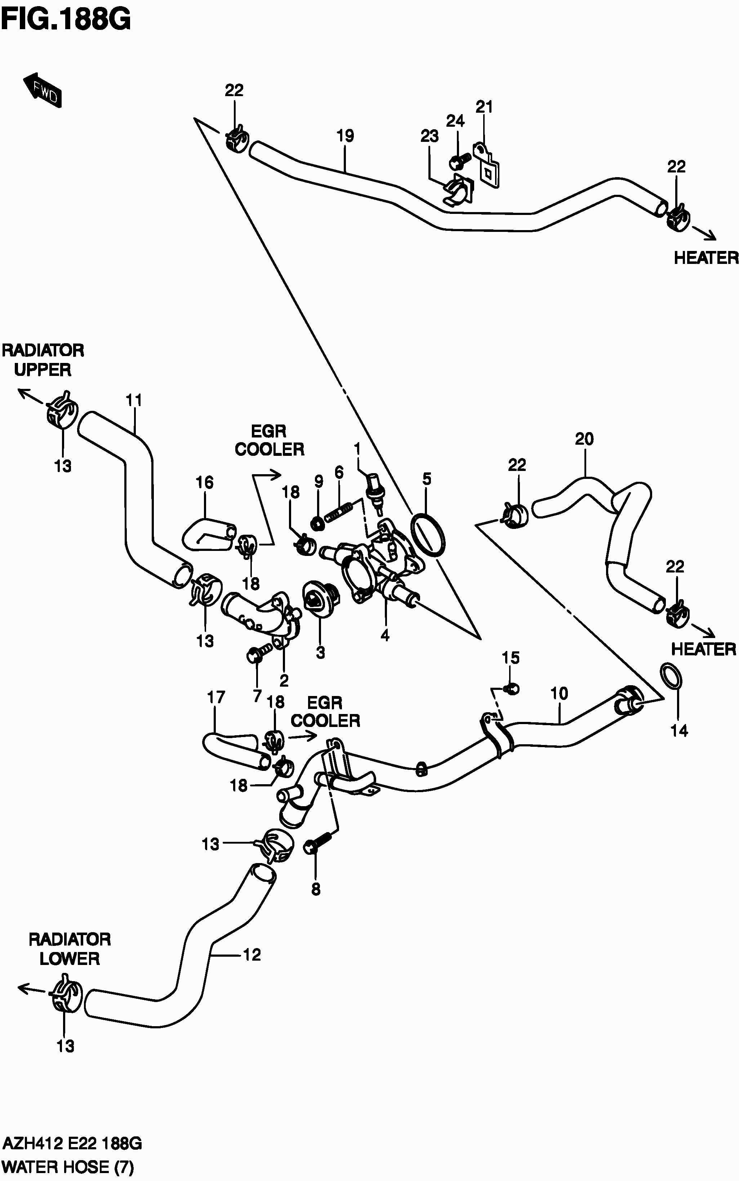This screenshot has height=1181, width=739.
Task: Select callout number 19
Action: pyautogui.click(x=345, y=136)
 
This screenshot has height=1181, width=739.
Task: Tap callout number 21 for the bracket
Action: pyautogui.click(x=484, y=107)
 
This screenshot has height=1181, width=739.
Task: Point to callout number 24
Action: pyautogui.click(x=455, y=121)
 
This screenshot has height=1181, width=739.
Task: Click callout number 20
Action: pyautogui.click(x=584, y=439)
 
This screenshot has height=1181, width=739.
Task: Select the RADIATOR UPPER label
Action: pyautogui.click(x=43, y=360)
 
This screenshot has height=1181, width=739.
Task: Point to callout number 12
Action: pyautogui.click(x=252, y=955)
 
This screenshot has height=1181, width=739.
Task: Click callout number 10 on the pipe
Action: pyautogui.click(x=559, y=693)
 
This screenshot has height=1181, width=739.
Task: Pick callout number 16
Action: pyautogui.click(x=204, y=482)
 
